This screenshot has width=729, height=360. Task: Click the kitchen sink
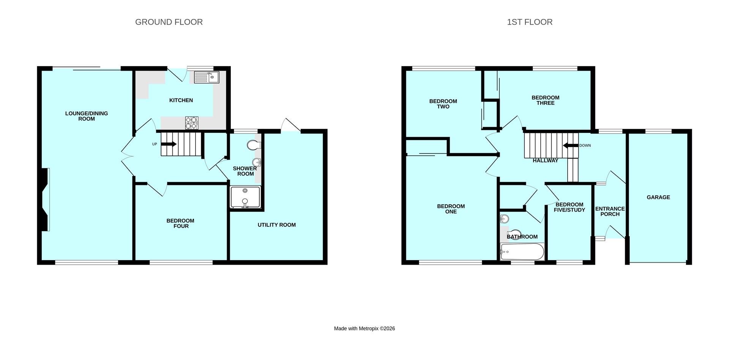click(207, 77)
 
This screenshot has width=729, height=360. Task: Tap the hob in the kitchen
click(192, 123)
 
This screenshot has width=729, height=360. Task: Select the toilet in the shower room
click(253, 145)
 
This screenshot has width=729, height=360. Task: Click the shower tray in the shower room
click(245, 197)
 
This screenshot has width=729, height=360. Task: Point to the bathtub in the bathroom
click(522, 252)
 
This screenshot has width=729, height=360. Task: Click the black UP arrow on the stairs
click(169, 144)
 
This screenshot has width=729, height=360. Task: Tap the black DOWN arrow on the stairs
click(570, 145)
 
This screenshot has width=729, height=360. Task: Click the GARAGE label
click(658, 197)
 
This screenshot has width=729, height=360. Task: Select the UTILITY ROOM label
click(276, 225)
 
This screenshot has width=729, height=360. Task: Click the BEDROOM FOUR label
click(180, 223)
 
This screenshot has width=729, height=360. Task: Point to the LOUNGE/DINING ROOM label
click(87, 116)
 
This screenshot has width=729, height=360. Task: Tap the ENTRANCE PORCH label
click(610, 212)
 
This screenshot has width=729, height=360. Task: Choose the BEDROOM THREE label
click(545, 100)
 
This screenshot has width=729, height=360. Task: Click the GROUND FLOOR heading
click(169, 22)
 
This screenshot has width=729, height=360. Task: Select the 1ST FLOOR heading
click(530, 22)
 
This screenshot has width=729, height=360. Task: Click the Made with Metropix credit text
click(364, 328)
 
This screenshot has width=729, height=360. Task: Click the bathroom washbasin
click(504, 219)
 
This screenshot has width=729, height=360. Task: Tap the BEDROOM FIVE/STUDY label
click(569, 207)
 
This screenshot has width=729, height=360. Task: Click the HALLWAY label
click(545, 160)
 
